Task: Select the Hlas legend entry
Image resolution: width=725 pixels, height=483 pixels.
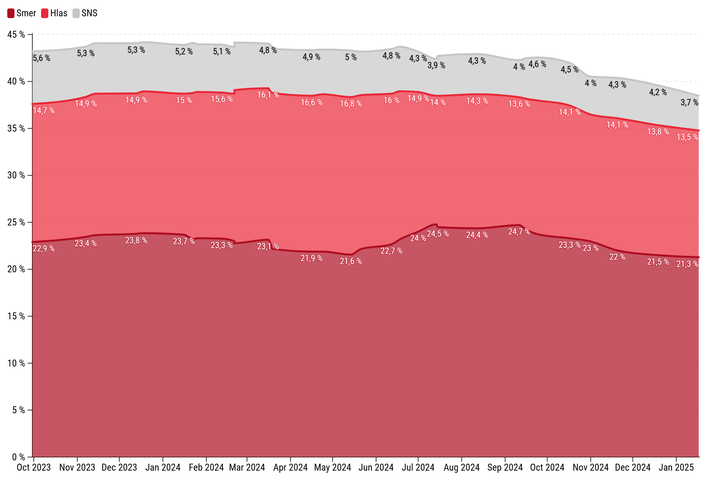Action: pos(54,13)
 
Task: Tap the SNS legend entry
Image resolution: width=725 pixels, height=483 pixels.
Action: pos(85,13)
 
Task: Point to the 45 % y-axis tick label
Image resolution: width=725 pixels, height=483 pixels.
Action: pos(16,34)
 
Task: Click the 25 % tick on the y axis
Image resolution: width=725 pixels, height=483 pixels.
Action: pos(16,222)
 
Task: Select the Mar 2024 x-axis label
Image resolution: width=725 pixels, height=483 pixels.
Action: pos(247,468)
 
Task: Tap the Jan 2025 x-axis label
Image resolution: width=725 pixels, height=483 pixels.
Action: pos(676,468)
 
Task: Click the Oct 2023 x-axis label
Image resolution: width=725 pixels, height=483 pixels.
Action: pos(34,468)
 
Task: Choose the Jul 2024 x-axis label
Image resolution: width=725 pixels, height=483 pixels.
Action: pos(418,468)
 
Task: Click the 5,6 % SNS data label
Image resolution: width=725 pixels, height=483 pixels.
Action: pos(42,58)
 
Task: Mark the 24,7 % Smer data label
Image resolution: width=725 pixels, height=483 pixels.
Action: pos(519,232)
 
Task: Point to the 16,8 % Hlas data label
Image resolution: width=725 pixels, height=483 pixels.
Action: pos(351,104)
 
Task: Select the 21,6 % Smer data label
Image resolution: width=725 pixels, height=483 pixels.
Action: pos(351,261)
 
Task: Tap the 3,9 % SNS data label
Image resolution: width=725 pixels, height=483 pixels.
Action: pos(436,65)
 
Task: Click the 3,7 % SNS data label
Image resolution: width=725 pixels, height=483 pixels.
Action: pos(690,102)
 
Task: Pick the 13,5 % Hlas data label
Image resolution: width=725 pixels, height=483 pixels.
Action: pos(688,137)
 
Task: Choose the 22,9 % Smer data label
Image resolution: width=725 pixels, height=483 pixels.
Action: pos(44,248)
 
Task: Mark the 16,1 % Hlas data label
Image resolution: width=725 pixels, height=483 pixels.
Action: pos(268,95)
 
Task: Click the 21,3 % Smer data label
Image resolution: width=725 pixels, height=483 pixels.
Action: pos(688,264)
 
